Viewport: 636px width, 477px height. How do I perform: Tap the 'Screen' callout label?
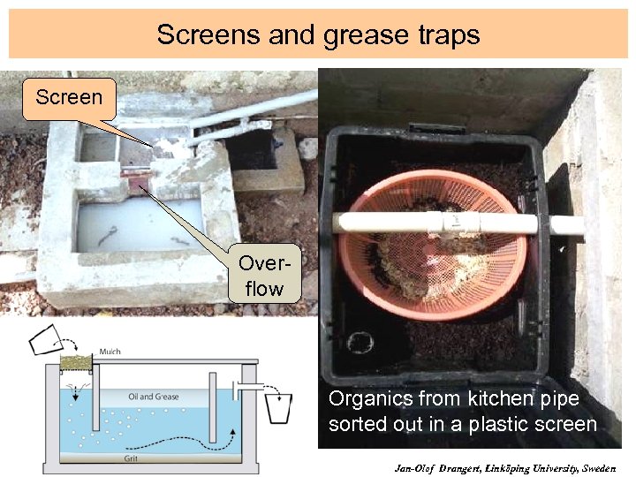click(x=68, y=96)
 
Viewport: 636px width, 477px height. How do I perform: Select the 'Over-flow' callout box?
click(x=264, y=276)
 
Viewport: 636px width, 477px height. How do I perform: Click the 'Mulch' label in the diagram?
click(x=110, y=352)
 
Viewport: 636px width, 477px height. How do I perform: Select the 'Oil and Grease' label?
click(x=154, y=397)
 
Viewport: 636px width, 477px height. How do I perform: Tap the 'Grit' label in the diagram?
click(x=130, y=458)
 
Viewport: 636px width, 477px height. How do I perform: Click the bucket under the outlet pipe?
click(x=277, y=408)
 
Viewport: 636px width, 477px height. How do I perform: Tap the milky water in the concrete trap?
click(x=132, y=225)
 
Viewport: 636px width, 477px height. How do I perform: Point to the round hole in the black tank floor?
click(x=360, y=342)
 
